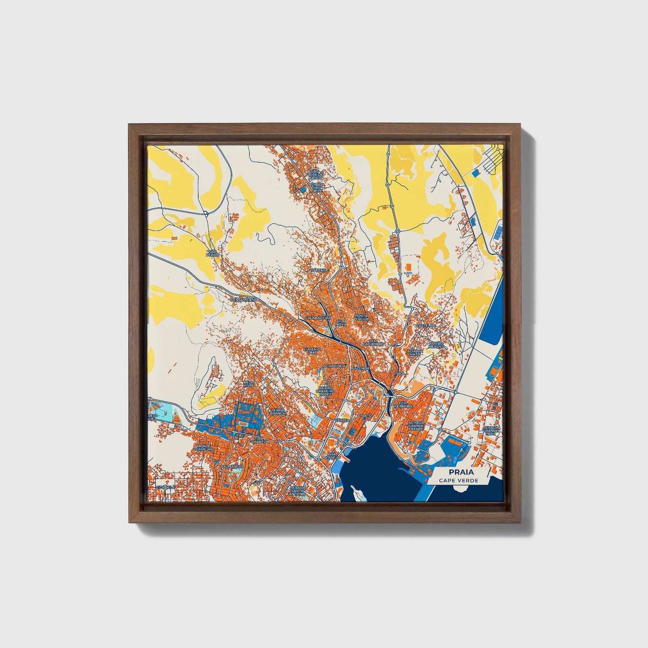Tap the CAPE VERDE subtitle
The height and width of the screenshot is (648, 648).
[458, 481]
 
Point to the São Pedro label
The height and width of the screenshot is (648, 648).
[212, 253]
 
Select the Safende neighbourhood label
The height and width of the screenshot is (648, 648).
[320, 270]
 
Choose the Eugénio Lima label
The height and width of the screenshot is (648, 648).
[312, 351]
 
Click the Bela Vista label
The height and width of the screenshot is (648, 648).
[248, 383]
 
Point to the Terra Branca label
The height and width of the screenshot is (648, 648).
[277, 412]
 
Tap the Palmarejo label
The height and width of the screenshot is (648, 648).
[232, 466]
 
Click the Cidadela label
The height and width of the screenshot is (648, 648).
[165, 487]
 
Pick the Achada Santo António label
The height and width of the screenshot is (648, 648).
[297, 491]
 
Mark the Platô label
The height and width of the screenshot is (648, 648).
[365, 416]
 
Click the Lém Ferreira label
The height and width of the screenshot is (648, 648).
[402, 404]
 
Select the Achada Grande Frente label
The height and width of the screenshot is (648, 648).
[416, 426]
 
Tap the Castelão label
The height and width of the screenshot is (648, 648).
[426, 325]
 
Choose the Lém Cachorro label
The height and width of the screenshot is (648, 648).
[373, 342]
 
